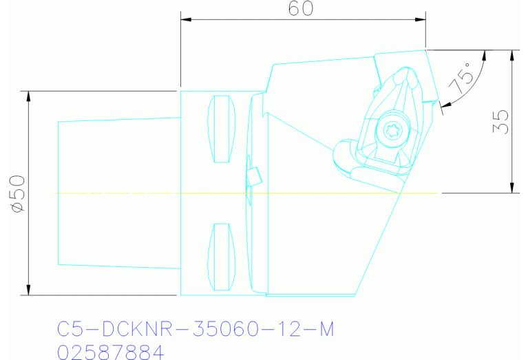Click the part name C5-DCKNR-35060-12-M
(195, 330)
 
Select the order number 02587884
(111, 352)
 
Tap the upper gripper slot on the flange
(221, 129)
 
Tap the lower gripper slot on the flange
(221, 256)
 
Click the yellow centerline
(138, 193)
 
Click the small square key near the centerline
(254, 176)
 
